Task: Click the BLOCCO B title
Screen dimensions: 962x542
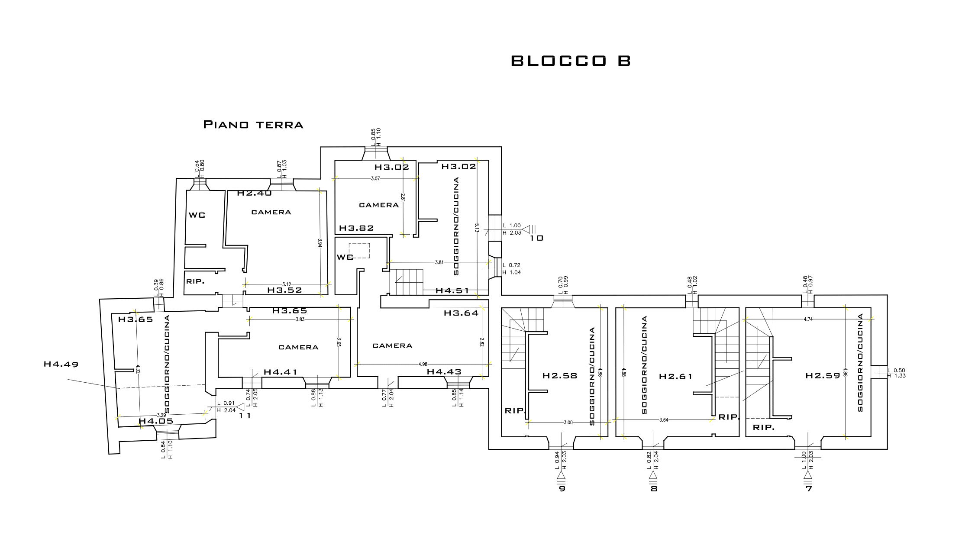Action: [571, 61]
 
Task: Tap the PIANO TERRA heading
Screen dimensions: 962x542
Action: [253, 125]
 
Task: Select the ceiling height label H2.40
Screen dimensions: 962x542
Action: [255, 193]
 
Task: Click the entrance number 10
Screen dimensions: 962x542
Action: [536, 238]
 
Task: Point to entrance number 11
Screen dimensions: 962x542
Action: [245, 416]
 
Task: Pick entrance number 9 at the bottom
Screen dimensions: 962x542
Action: [562, 489]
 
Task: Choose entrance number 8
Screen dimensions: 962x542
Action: [654, 489]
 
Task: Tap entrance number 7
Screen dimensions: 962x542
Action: [808, 489]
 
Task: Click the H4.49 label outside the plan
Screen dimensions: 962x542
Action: [61, 365]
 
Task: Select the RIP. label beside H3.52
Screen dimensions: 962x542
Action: [195, 281]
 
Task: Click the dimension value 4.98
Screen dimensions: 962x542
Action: [423, 365]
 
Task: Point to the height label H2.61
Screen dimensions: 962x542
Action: [675, 377]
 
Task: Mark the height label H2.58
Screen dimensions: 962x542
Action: [560, 376]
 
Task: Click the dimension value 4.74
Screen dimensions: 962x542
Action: [808, 319]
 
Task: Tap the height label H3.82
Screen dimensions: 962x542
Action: [356, 228]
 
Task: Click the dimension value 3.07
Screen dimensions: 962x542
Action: [375, 178]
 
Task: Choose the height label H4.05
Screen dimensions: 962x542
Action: [156, 421]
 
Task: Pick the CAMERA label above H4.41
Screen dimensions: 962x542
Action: [298, 347]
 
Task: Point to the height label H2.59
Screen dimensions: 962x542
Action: [823, 376]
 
